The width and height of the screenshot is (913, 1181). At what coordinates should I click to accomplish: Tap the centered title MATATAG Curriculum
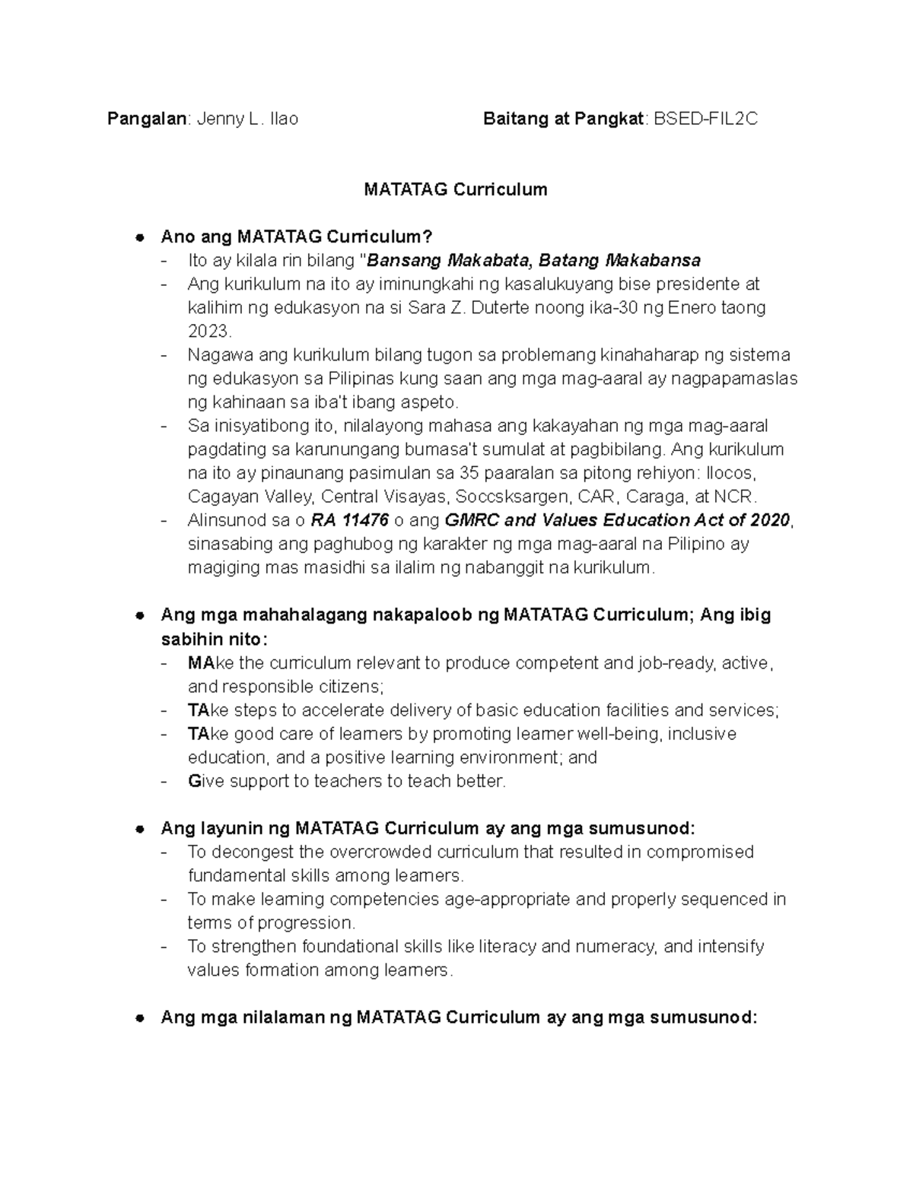tap(455, 189)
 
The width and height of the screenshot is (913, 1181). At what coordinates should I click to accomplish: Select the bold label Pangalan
tap(146, 119)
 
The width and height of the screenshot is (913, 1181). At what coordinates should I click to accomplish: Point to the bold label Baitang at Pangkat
tap(563, 119)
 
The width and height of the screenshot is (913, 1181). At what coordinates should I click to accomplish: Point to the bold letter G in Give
tap(193, 781)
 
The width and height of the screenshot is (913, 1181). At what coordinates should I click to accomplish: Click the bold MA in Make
tap(201, 663)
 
